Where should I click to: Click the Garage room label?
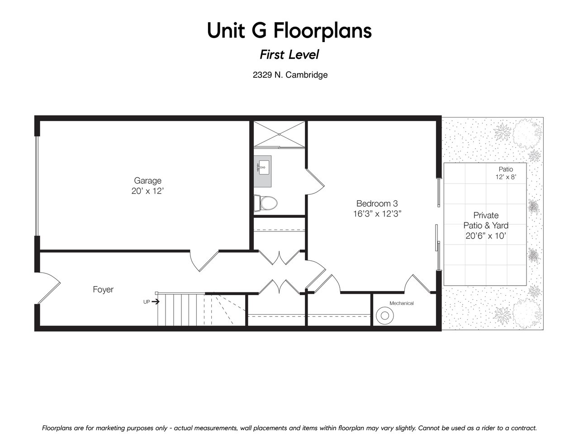pos(147,181)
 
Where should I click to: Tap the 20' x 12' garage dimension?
pos(147,191)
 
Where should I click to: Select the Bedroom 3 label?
pos(377,204)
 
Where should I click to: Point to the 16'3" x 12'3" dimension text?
pos(377,214)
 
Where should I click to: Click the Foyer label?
pos(103,289)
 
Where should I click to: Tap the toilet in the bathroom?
pos(266,203)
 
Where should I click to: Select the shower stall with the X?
pos(279,134)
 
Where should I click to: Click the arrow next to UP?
pos(156,301)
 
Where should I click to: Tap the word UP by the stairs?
pos(147,302)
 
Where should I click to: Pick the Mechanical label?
pos(401,303)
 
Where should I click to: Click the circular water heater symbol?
pos(385,315)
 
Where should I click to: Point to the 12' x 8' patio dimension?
pos(506,177)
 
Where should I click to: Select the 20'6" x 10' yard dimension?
pos(486,236)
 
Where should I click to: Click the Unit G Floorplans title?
pos(289,31)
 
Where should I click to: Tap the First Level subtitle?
pos(289,55)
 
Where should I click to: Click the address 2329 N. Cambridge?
pos(290,75)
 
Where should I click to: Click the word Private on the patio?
pos(486,215)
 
